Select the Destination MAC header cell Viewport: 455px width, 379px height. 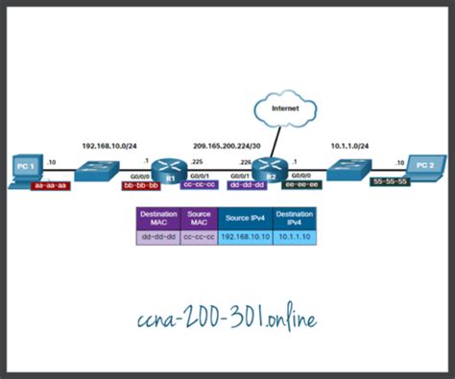coord(157,218)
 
